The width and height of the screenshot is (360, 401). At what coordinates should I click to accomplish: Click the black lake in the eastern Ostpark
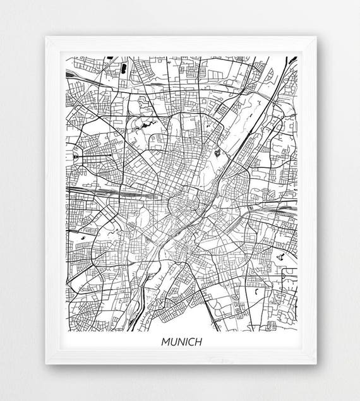pyautogui.click(x=279, y=256)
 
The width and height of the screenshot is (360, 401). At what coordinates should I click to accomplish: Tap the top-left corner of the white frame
pyautogui.click(x=45, y=37)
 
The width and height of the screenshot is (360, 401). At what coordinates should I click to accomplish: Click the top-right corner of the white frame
pyautogui.click(x=316, y=37)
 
